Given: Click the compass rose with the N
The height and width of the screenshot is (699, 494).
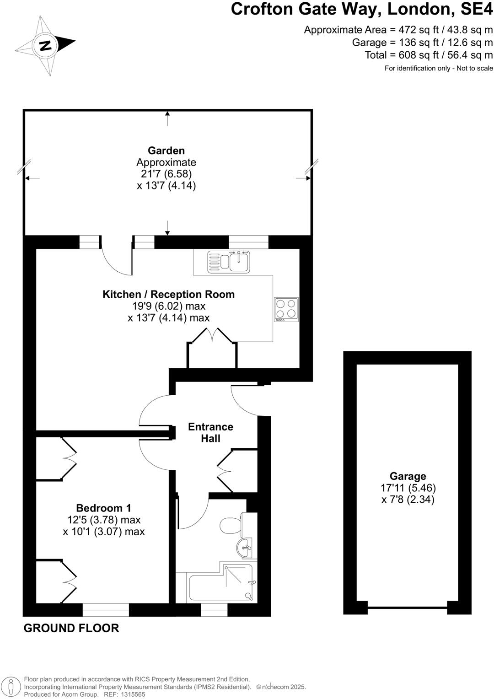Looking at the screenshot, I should (45, 45).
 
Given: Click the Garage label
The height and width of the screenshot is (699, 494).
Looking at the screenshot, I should (408, 476).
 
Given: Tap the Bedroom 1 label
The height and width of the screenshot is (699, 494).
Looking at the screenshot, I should (103, 508).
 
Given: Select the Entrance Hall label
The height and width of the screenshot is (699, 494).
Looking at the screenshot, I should (210, 432).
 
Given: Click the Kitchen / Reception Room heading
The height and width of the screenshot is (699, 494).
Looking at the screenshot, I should (168, 294).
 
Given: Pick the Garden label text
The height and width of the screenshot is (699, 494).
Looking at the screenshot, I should (166, 151).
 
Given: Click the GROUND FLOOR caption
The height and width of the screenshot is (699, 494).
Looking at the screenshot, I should (71, 628).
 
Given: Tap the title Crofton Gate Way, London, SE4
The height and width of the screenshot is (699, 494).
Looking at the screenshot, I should (361, 9).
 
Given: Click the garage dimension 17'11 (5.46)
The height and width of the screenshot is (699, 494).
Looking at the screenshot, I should (408, 488).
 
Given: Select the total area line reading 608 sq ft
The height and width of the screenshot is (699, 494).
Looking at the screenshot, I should (429, 55).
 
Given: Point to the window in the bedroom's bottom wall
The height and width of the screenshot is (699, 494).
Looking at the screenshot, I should (106, 610).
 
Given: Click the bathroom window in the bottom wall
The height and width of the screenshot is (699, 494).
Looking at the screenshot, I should (214, 610).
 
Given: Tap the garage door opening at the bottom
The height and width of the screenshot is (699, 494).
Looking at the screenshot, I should (407, 608).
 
